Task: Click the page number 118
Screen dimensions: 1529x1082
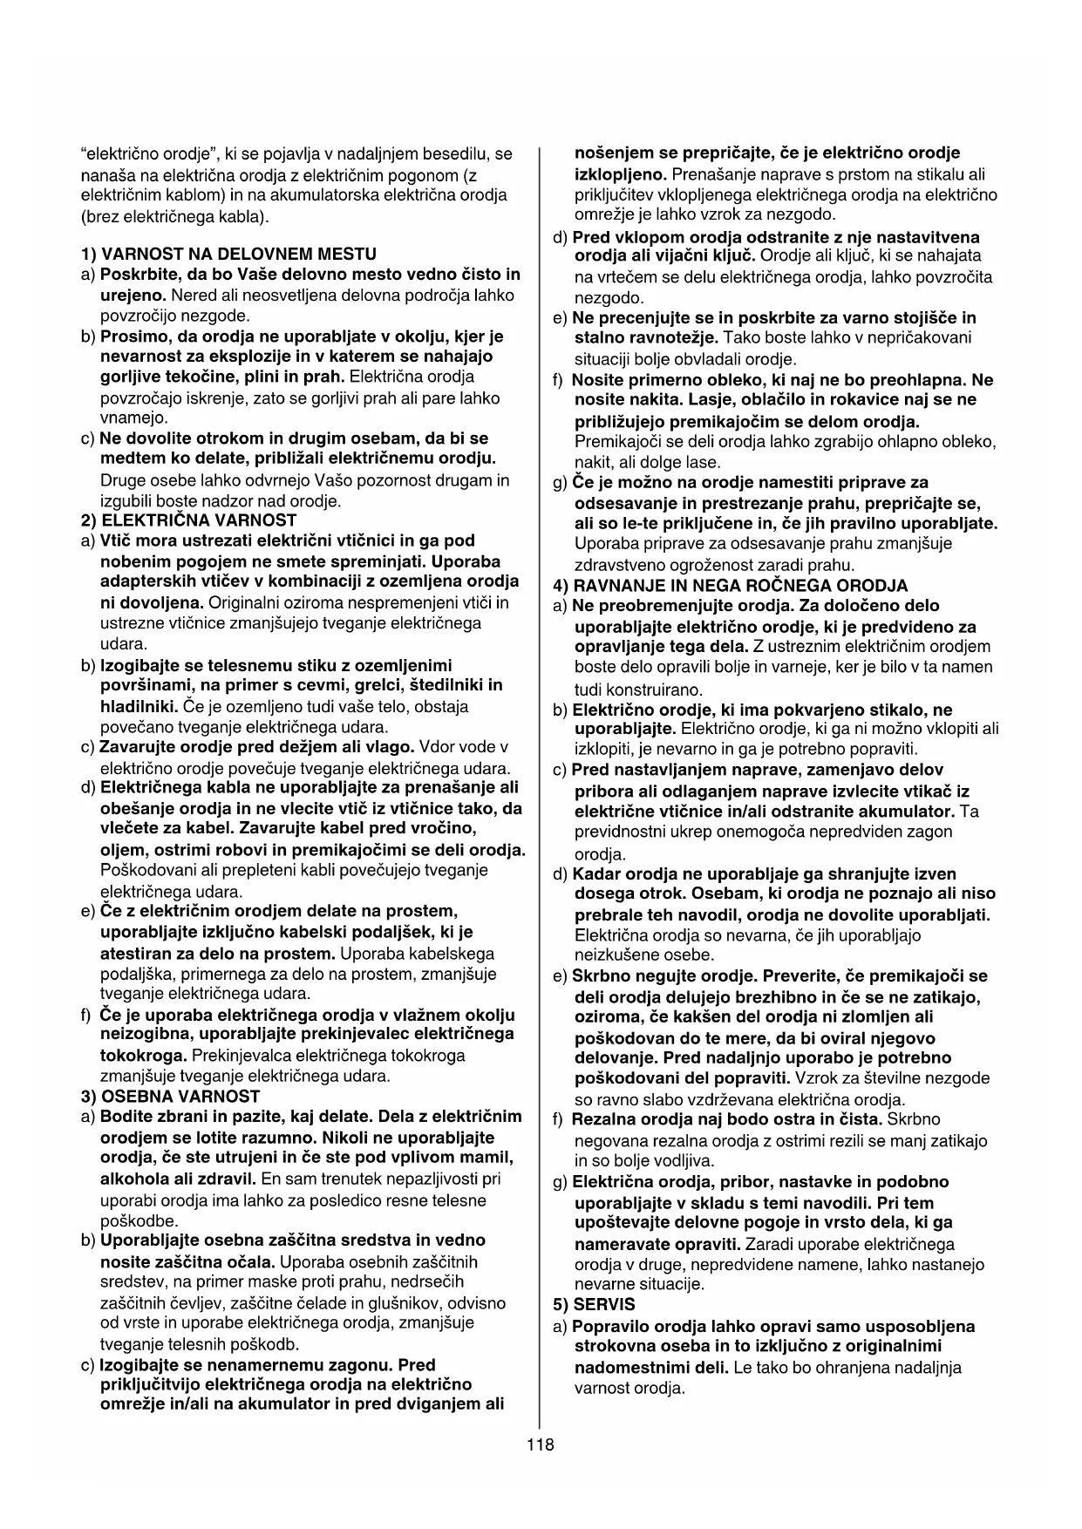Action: [540, 1444]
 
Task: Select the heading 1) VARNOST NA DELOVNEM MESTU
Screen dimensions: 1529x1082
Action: [228, 255]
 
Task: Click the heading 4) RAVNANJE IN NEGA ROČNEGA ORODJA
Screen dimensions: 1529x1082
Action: [731, 586]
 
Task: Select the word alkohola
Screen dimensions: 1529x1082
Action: [133, 1179]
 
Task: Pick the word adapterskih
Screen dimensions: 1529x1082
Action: [144, 581]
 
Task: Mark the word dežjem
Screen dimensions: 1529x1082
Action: [280, 747]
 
